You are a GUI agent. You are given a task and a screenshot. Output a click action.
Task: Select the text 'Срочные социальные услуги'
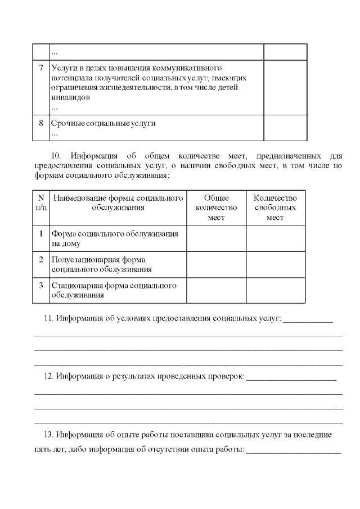103,123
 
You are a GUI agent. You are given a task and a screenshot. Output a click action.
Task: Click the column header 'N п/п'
41,202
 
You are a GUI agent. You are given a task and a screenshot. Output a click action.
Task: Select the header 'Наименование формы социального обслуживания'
118,202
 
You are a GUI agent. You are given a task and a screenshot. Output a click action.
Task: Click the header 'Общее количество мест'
216,208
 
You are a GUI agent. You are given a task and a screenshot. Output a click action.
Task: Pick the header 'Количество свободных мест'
275,208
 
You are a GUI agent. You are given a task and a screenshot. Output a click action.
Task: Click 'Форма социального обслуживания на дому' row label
115,238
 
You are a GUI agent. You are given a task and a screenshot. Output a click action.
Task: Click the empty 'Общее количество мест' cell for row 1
216,238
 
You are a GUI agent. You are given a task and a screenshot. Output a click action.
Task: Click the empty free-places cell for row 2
275,264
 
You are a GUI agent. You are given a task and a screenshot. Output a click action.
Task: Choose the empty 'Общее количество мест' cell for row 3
216,290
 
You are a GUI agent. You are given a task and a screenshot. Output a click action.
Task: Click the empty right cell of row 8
285,128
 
